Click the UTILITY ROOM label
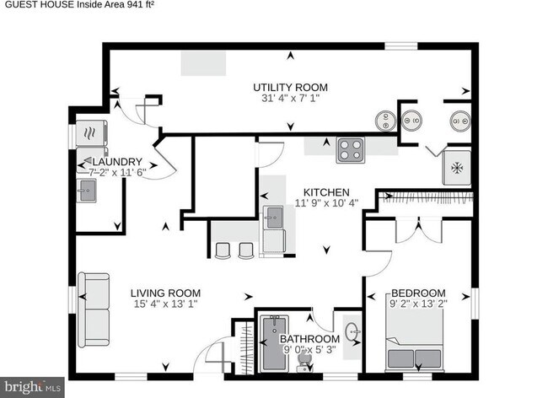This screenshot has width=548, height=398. click(291, 87)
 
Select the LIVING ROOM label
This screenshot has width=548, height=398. click(165, 293)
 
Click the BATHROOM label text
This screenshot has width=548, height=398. click(310, 339)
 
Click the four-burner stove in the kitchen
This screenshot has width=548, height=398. click(351, 149)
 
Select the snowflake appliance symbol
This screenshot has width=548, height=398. click(458, 168)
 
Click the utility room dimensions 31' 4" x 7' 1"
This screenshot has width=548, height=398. click(291, 98)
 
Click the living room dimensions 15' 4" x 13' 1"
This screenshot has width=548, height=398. click(165, 304)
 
